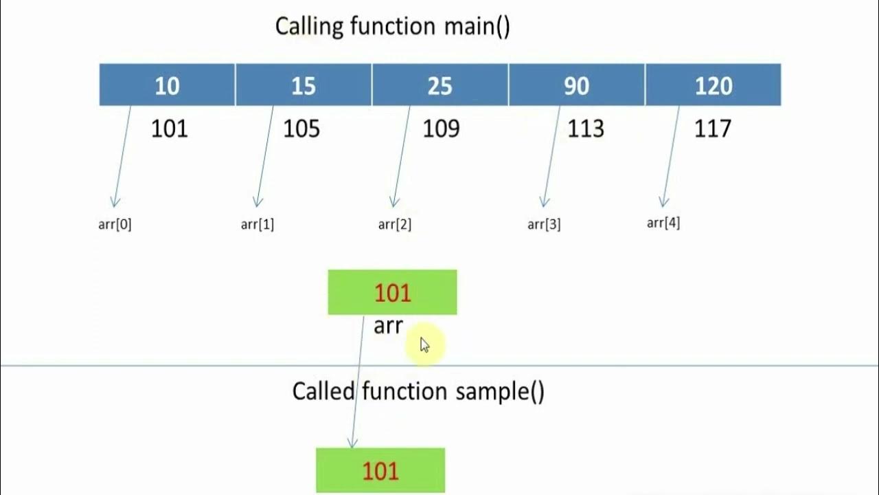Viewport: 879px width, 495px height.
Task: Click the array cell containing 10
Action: (167, 85)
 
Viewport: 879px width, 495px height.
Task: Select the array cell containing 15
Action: (303, 85)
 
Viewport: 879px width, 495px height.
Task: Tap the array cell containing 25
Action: (439, 85)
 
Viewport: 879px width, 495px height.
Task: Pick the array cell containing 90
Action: (576, 85)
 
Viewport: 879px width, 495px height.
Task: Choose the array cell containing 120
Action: (713, 85)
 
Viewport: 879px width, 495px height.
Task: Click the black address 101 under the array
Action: (169, 129)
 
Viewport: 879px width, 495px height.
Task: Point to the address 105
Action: (301, 129)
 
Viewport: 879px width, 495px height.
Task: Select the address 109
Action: (441, 129)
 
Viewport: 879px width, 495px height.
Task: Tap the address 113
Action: (586, 129)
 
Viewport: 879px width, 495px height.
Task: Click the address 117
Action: (713, 129)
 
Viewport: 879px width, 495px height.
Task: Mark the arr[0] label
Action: (115, 224)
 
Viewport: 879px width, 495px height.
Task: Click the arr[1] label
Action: (258, 224)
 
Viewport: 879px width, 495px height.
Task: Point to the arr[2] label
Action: (395, 224)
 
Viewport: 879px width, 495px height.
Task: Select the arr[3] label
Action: (544, 224)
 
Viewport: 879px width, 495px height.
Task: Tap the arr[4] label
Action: (663, 223)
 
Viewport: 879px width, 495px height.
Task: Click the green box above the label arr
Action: (392, 292)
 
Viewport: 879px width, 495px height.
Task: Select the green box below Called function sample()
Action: (380, 470)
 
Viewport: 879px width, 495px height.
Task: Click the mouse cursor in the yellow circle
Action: (424, 345)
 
